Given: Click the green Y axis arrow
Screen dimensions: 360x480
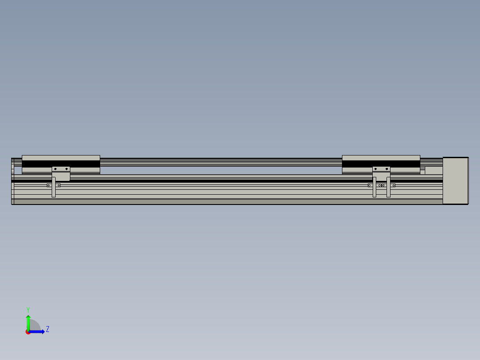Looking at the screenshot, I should [28, 322].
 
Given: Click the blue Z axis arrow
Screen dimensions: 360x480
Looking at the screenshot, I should [38, 331].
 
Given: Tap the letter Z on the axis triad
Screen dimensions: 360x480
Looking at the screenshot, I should [48, 329].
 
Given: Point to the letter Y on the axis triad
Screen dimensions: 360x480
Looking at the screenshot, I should [28, 309].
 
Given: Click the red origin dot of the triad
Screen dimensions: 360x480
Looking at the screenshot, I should [28, 332].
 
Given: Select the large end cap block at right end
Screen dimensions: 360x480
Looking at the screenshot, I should [455, 180].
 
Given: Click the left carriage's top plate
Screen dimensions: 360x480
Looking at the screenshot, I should [61, 158].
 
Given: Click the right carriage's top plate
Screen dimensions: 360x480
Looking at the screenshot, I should [381, 158].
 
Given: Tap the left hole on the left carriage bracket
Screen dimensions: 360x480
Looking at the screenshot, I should [55, 169].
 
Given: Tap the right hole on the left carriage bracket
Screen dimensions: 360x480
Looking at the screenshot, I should [66, 169].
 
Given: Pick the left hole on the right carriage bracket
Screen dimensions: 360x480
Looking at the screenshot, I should [376, 169].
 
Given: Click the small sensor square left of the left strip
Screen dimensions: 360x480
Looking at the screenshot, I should [49, 185].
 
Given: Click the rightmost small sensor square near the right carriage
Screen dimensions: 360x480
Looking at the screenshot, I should [394, 185].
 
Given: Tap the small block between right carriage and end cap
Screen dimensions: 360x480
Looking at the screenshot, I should [433, 170].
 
